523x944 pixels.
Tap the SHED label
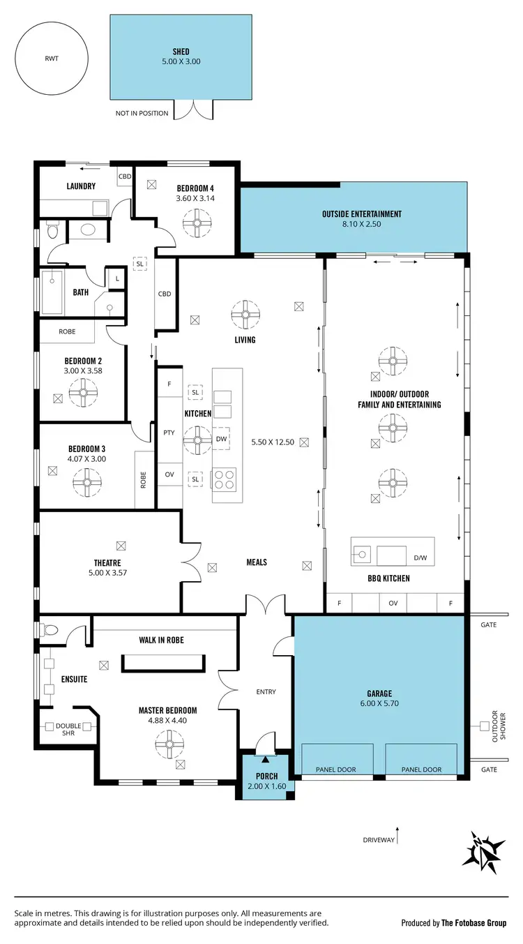pyautogui.click(x=181, y=52)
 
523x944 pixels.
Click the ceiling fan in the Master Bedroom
pyautogui.click(x=168, y=744)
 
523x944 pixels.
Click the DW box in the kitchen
pyautogui.click(x=222, y=439)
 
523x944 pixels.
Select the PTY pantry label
pyautogui.click(x=169, y=433)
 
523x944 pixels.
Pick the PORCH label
pyautogui.click(x=266, y=776)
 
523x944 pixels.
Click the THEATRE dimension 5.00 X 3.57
pyautogui.click(x=107, y=574)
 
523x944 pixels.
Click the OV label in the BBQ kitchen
pyautogui.click(x=393, y=603)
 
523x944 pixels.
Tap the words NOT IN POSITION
pyautogui.click(x=142, y=113)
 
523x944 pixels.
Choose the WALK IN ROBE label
pyautogui.click(x=160, y=640)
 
